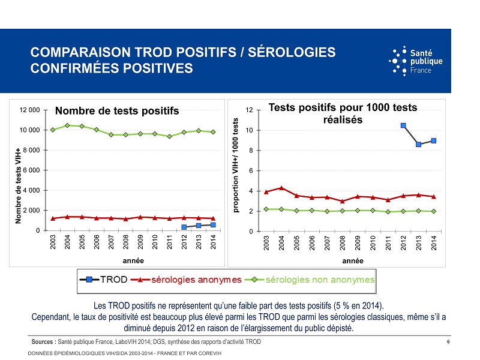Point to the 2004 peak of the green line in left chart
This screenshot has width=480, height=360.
(67, 125)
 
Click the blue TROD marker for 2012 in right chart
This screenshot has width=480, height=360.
(403, 125)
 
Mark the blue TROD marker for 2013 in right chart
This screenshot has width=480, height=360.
(418, 144)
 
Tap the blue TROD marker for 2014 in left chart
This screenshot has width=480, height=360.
(213, 225)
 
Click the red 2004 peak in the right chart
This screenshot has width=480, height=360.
(281, 188)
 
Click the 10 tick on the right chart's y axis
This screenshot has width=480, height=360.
(256, 130)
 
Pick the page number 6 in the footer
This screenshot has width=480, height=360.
(449, 341)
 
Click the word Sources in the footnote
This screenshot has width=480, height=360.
(44, 341)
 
